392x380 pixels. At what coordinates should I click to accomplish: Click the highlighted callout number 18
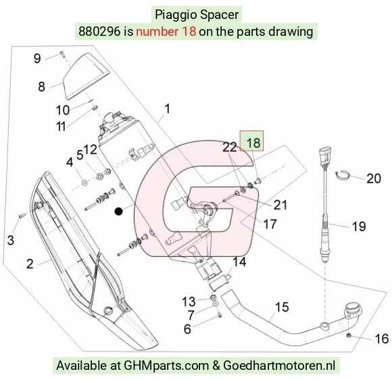tap(253, 143)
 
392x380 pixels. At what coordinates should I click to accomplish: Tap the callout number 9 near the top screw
tap(37, 59)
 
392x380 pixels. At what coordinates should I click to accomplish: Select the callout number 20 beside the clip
tap(374, 179)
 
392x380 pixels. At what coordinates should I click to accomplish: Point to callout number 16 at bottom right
tap(382, 339)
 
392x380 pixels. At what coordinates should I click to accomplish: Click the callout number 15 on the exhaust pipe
tap(282, 307)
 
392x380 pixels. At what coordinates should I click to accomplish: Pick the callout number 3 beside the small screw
tap(11, 240)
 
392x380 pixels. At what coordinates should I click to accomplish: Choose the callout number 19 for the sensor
tap(359, 227)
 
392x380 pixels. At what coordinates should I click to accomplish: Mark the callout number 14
tap(239, 262)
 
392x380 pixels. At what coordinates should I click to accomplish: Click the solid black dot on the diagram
tap(118, 212)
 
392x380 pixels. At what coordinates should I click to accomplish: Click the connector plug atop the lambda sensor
tap(325, 153)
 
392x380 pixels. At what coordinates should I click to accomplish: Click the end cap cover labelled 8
tap(86, 76)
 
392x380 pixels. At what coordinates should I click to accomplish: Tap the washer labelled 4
tap(84, 183)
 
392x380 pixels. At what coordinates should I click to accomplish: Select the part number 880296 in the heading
tap(99, 32)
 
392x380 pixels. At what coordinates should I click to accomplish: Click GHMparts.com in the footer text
tap(166, 365)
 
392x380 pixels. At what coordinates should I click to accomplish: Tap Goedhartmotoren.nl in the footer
tap(279, 365)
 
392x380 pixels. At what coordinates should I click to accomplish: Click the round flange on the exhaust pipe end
tap(353, 309)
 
